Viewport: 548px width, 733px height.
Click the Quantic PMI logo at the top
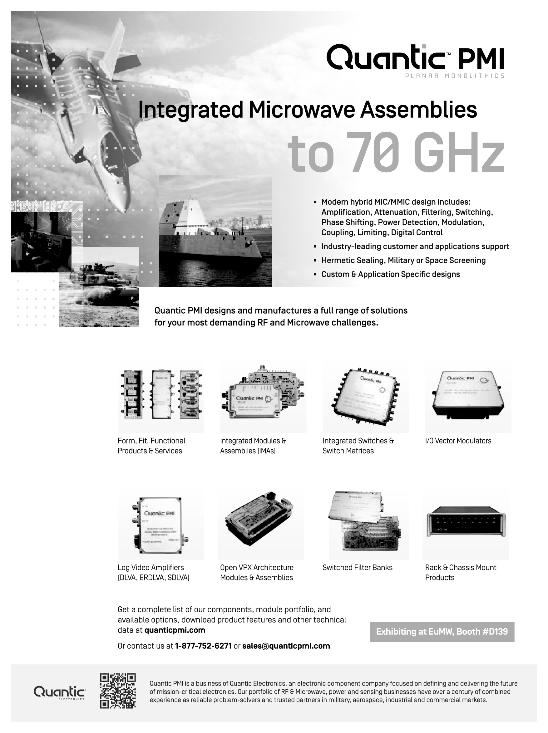click(415, 58)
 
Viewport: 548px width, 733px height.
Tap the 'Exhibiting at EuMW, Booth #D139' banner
click(442, 632)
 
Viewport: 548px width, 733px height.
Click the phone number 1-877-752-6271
click(203, 646)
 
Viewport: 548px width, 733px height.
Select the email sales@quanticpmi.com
click(286, 646)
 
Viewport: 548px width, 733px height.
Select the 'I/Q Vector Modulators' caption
click(458, 441)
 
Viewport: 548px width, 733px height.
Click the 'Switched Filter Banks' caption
click(358, 567)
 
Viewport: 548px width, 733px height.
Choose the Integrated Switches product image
click(365, 396)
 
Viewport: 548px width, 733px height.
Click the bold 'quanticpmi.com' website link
click(175, 630)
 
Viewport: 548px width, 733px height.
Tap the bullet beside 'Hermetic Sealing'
click(315, 261)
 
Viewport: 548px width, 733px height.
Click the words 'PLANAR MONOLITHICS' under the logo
click(455, 76)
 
